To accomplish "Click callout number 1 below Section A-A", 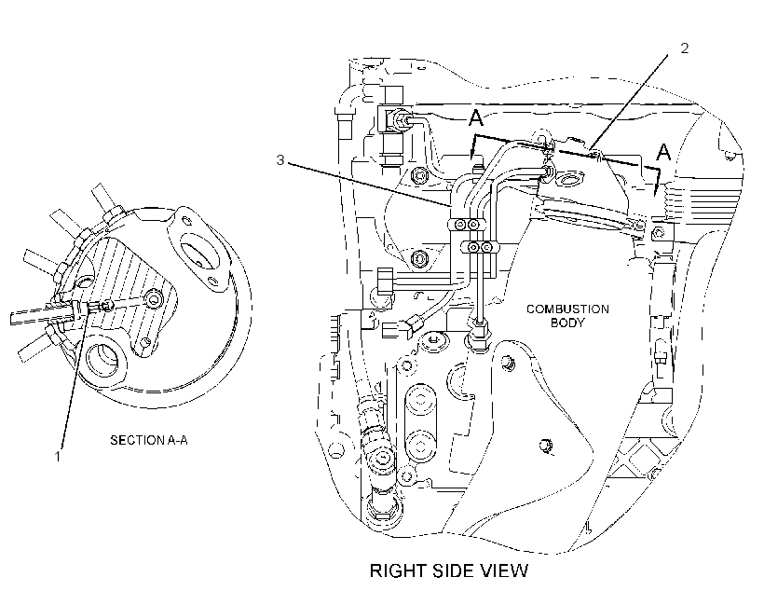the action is click(x=58, y=457).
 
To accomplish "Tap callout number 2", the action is click(x=685, y=48).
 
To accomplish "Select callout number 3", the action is click(x=280, y=160).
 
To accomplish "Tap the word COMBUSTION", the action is click(x=567, y=309).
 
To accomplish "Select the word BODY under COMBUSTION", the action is click(x=567, y=323).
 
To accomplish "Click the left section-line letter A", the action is click(x=476, y=117).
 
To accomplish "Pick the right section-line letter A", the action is click(x=663, y=153).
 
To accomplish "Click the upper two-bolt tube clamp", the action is click(x=466, y=225).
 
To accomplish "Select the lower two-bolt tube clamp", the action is click(x=480, y=248).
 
